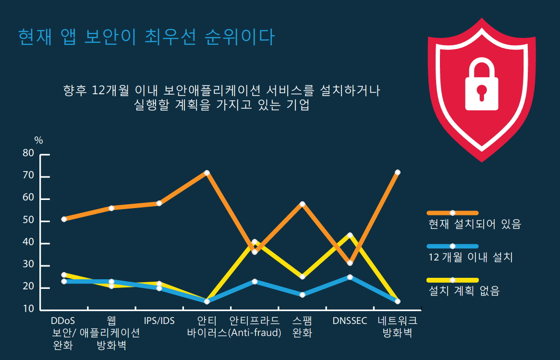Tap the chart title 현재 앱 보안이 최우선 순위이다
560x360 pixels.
(146, 37)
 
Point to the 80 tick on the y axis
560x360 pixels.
(29, 154)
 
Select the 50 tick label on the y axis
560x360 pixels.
(29, 221)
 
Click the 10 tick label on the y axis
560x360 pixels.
(29, 309)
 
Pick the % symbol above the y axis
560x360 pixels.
(38, 140)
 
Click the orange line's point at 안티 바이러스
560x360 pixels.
(207, 173)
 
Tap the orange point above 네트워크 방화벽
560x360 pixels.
(398, 173)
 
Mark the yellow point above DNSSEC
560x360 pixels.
(350, 236)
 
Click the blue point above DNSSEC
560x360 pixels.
(350, 277)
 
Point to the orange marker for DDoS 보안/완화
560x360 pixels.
(64, 219)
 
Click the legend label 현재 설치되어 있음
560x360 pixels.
(475, 224)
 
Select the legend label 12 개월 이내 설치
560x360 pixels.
(471, 258)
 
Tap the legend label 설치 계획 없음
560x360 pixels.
(464, 291)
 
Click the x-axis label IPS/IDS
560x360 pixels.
(159, 321)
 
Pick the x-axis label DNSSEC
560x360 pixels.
(350, 321)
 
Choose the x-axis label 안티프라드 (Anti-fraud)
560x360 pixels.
(255, 327)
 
